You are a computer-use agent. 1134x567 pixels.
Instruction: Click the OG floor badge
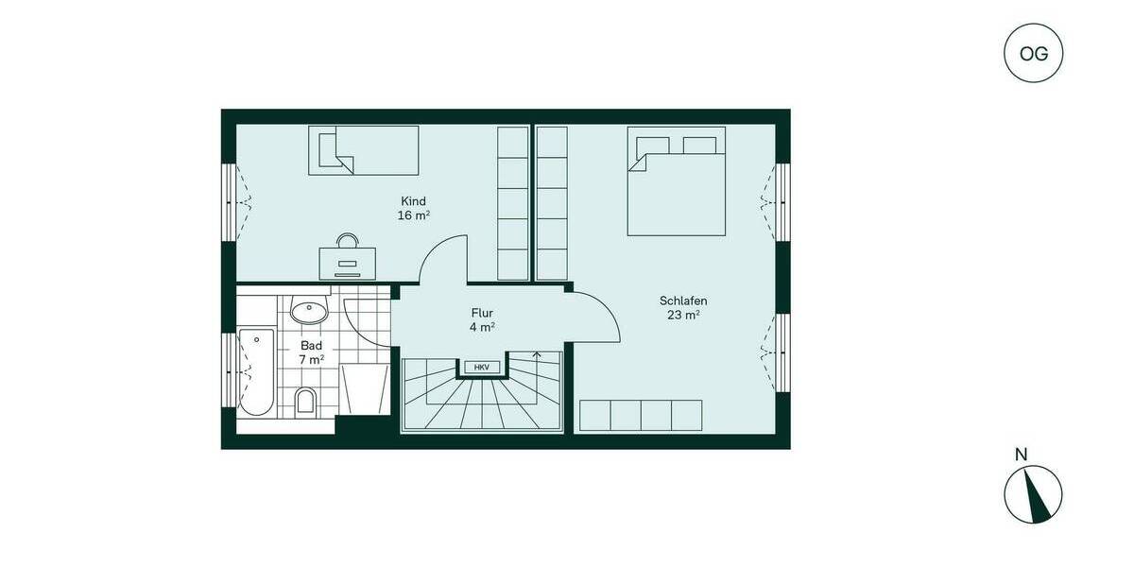(1033, 53)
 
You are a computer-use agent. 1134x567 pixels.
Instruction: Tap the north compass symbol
(1033, 494)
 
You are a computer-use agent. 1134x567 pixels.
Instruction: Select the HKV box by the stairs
(482, 367)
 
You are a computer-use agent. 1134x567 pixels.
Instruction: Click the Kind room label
(414, 201)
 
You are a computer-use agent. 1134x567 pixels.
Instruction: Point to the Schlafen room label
(683, 301)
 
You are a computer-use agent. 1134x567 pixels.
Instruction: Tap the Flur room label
(482, 313)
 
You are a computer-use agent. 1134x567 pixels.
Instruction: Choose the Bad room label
(312, 346)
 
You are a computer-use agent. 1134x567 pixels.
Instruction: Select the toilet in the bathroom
(306, 403)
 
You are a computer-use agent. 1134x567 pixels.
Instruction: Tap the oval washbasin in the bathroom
(309, 310)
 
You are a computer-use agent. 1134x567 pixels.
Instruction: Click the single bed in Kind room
(364, 150)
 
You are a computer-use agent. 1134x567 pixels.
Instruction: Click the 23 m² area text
(683, 316)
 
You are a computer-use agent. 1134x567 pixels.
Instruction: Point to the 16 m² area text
(414, 215)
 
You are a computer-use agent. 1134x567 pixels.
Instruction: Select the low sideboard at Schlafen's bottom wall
(641, 415)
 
